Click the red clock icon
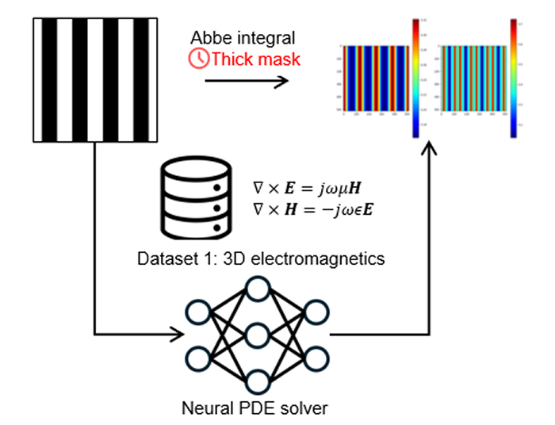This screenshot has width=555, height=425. [199, 59]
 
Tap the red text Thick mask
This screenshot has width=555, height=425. [256, 59]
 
